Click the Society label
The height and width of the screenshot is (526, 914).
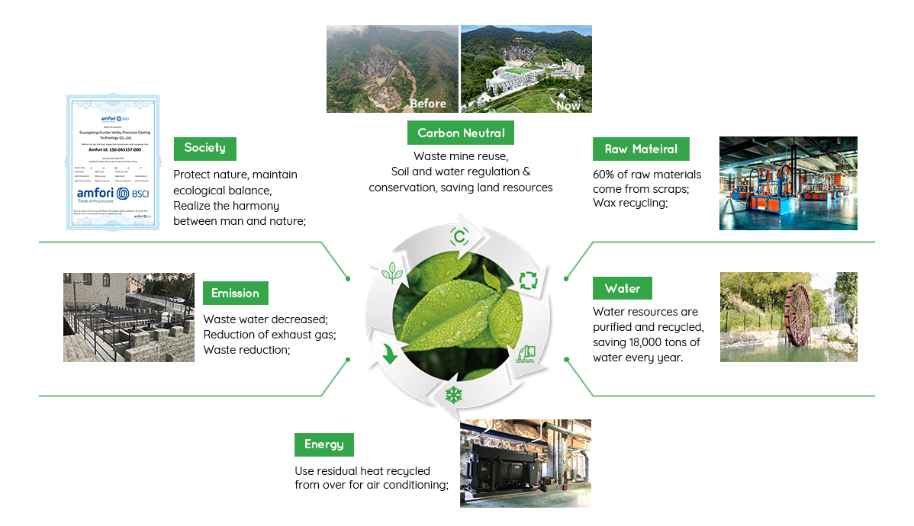click(204, 148)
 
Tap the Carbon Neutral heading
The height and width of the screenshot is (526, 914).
click(461, 133)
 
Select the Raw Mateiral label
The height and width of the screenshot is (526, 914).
click(640, 149)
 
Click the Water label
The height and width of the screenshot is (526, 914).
click(622, 289)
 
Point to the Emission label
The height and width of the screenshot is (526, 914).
click(234, 293)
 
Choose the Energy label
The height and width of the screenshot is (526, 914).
click(323, 444)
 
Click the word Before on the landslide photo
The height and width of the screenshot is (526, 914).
click(427, 104)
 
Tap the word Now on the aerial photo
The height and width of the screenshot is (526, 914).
click(568, 106)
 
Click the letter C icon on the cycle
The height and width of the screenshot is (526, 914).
click(459, 236)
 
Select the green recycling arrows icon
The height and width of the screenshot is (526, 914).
click(529, 280)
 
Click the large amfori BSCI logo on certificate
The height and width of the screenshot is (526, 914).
click(112, 194)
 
